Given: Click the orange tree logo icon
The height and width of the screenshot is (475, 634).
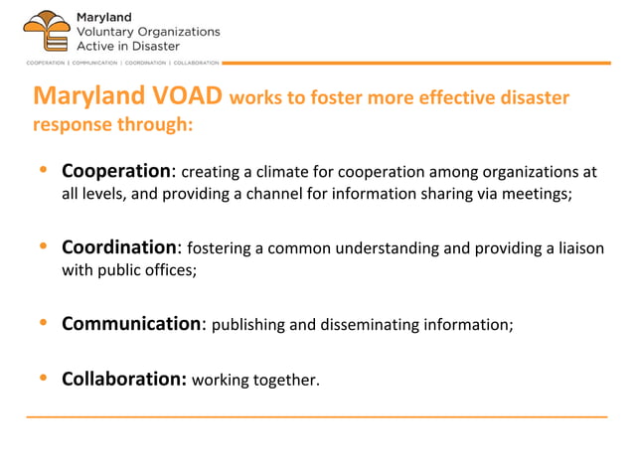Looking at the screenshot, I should (x=45, y=31).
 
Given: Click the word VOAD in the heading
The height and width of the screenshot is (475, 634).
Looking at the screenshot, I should (x=185, y=96).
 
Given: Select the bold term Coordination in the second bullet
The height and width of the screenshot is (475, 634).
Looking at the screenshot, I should (x=119, y=246).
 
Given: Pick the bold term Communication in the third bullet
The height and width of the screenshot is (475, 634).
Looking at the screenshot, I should (x=131, y=323).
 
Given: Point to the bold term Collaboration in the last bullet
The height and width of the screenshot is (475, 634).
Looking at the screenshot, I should (x=124, y=379).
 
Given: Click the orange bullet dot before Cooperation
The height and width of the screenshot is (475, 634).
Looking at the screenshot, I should (x=42, y=170).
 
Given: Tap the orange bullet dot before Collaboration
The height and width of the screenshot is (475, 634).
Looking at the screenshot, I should (x=42, y=378).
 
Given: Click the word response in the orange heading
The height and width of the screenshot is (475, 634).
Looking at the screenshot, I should (x=69, y=125).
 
